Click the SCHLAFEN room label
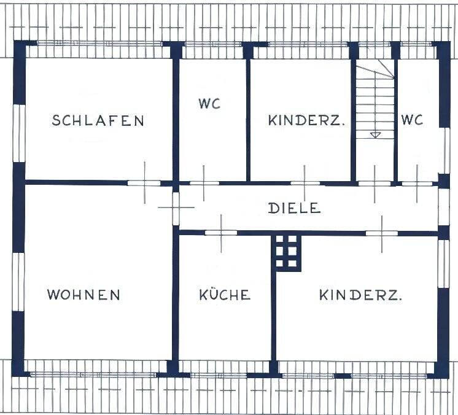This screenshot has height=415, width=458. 98,120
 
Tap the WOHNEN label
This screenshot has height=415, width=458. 83,295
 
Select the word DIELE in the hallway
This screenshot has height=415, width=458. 295,208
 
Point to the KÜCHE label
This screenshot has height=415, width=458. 225,295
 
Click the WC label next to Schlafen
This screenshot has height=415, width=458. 209,104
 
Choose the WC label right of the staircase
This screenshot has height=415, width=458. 412,120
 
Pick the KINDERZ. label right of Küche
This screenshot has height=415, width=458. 361,295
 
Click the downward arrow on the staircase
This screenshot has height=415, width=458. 375,134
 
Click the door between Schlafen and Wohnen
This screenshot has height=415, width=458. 144,182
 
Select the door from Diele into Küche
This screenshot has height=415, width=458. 221,233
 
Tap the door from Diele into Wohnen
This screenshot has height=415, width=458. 176,208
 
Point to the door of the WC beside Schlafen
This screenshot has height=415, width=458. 201,182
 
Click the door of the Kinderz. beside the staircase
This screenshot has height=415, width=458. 305,182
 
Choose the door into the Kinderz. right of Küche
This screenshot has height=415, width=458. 382,233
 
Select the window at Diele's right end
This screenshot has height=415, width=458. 443,207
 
